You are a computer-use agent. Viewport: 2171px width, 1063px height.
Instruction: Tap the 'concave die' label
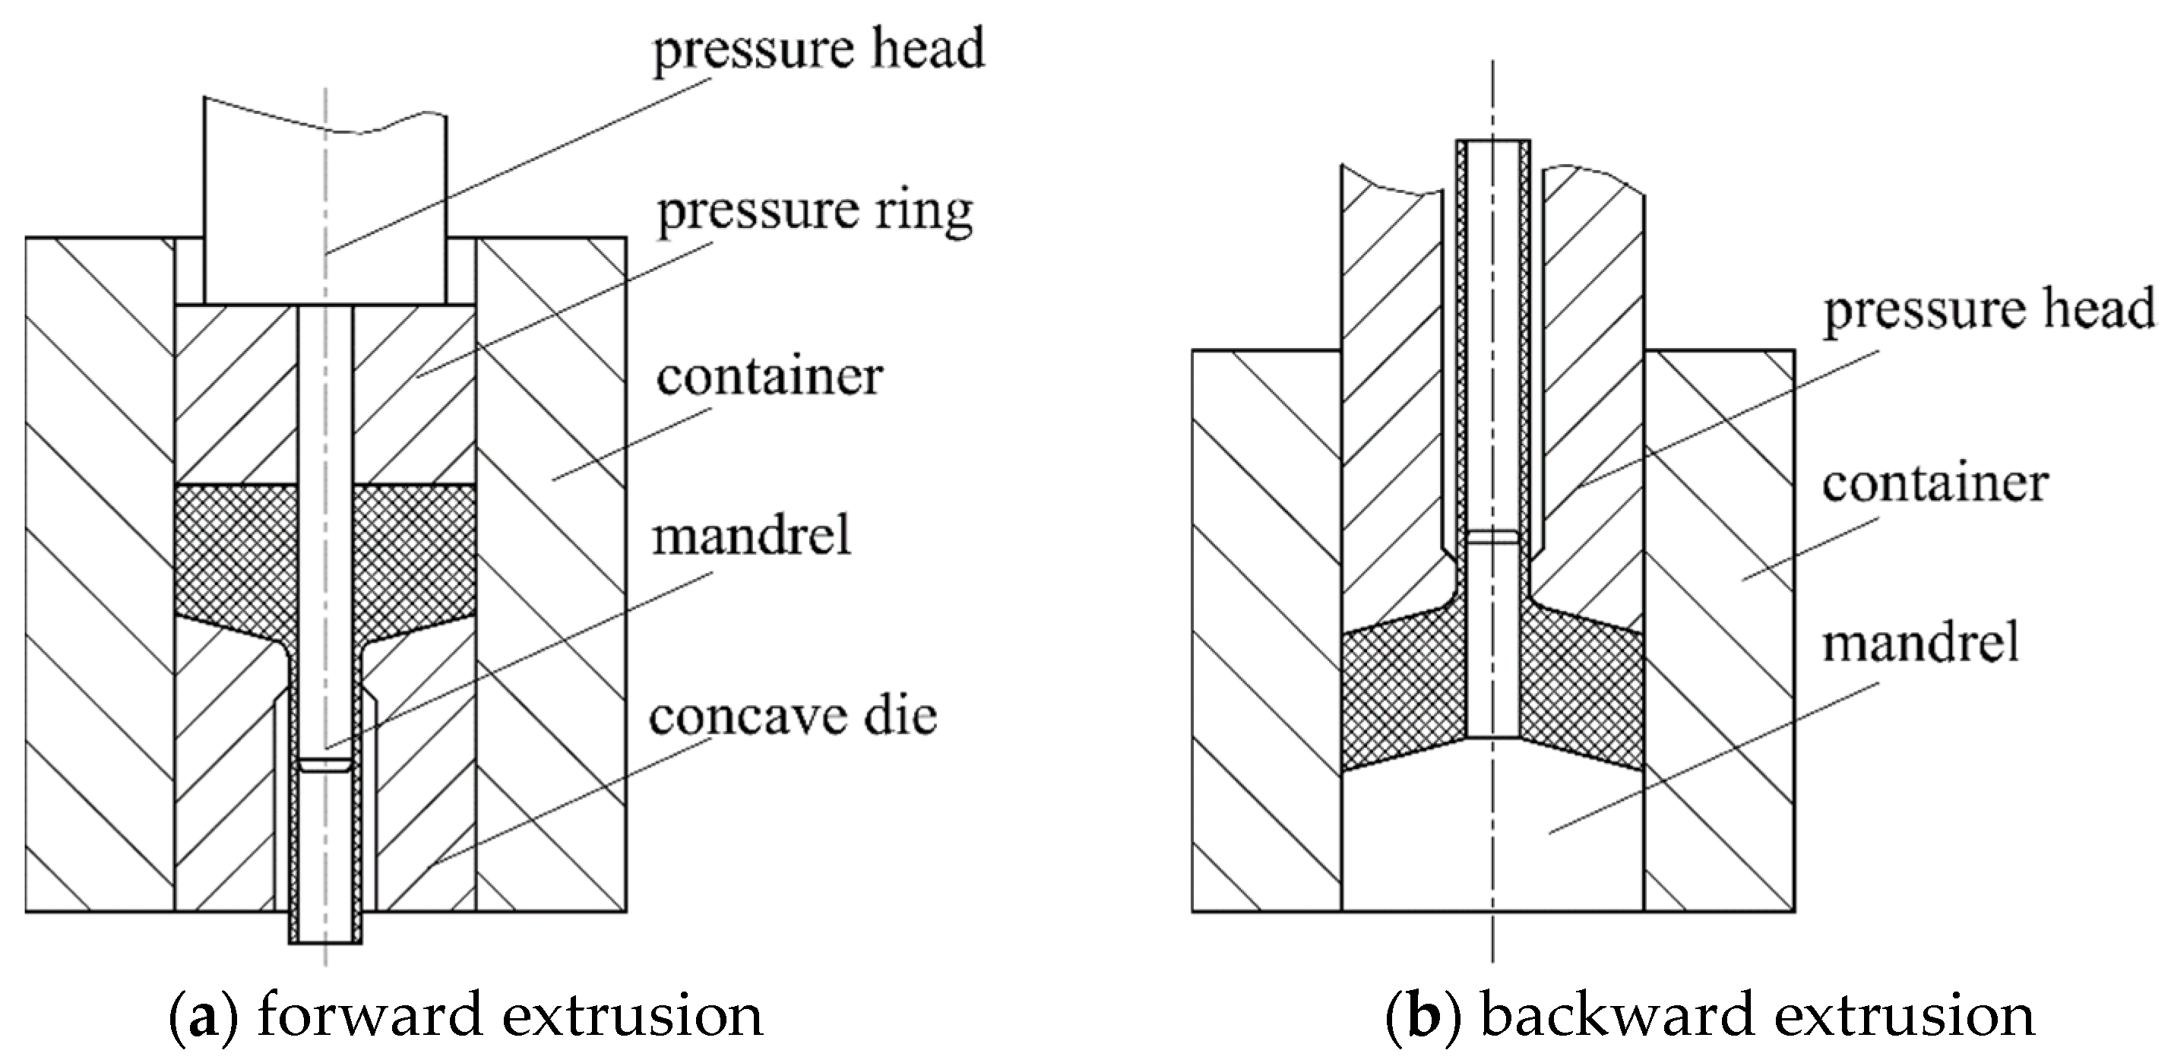pos(793,717)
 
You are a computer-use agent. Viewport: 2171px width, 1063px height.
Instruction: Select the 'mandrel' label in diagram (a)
pos(751,534)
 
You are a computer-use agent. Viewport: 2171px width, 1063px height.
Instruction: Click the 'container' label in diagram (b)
pos(1935,484)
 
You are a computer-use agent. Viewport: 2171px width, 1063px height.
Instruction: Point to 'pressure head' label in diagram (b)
pos(1989,309)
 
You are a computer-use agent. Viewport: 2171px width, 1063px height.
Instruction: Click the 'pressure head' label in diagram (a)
pos(818,48)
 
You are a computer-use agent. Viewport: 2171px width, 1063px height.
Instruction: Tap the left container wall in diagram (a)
pos(100,573)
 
